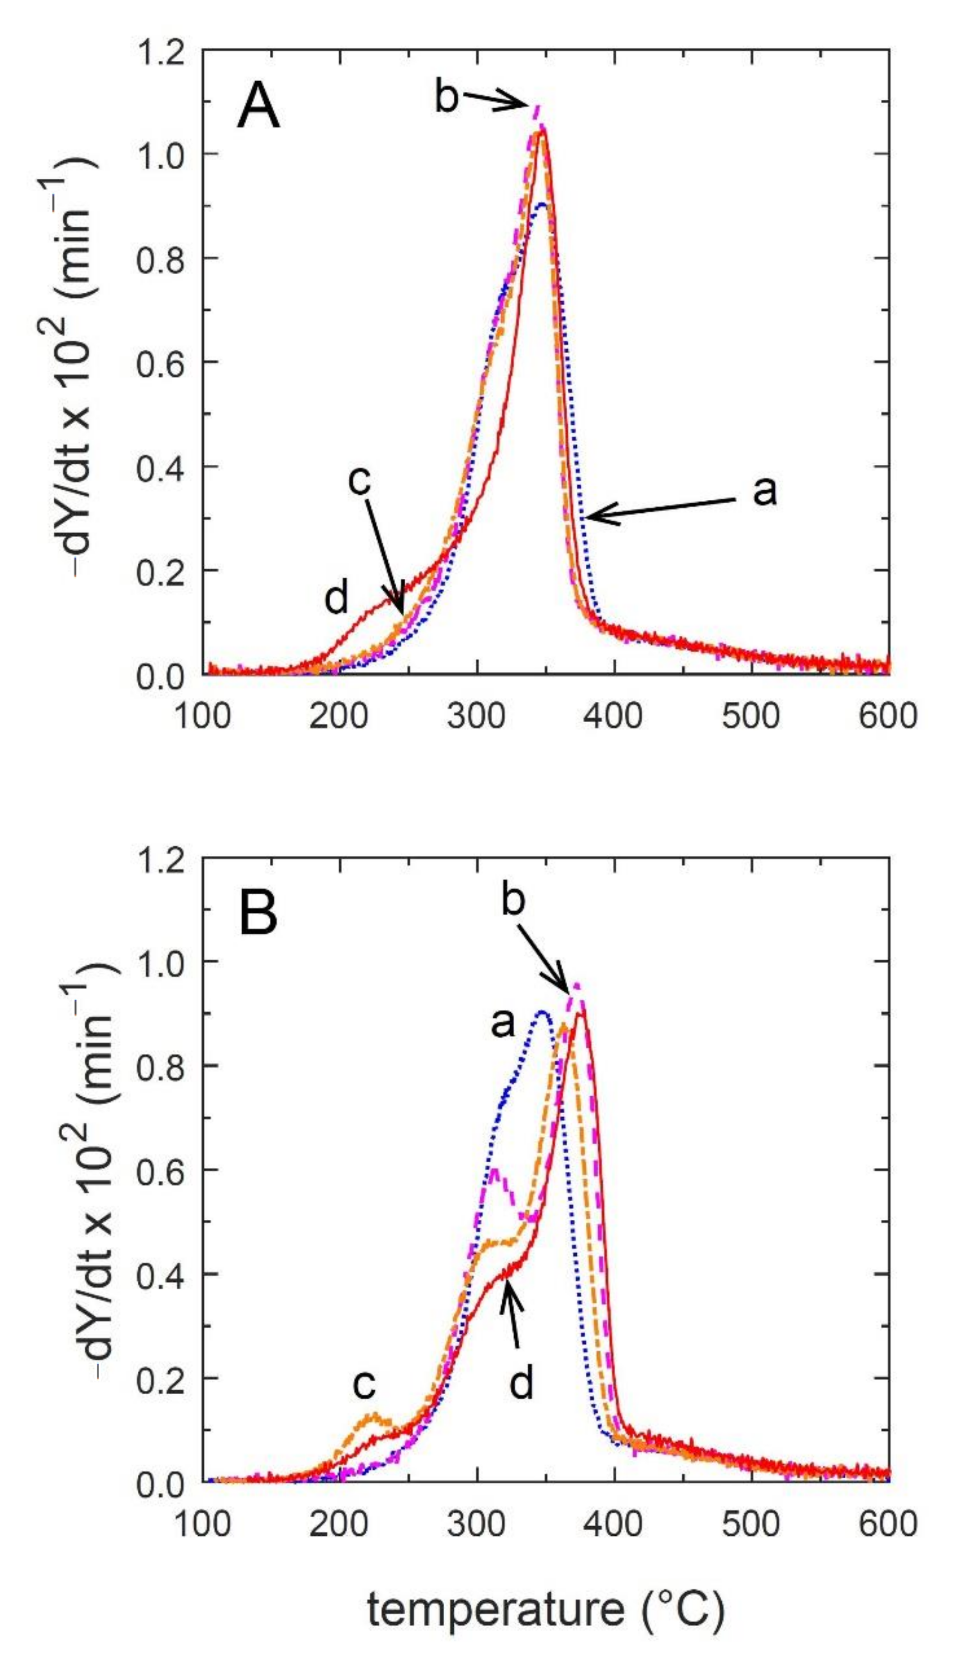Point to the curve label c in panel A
[360, 480]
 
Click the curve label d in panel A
[337, 599]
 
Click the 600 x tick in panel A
[888, 716]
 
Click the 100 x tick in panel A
[202, 716]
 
